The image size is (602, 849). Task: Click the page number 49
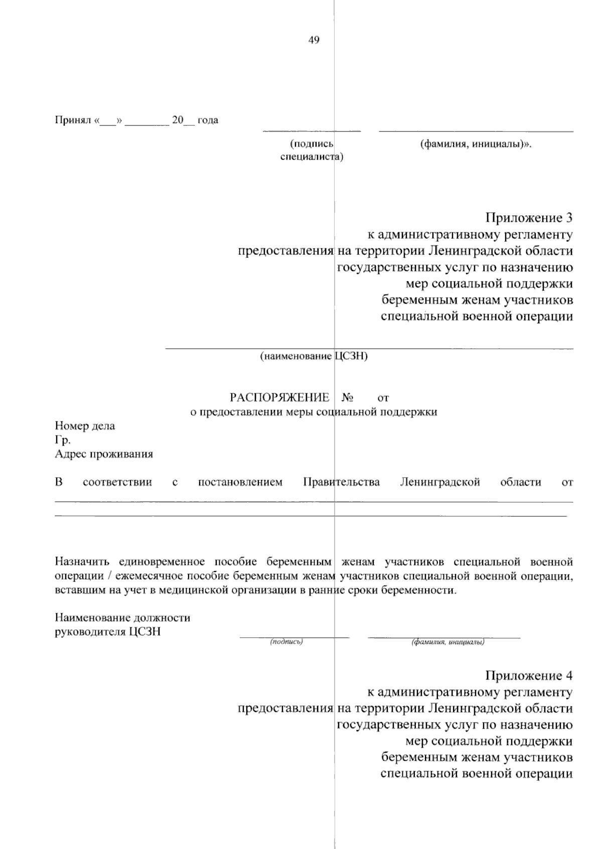point(314,41)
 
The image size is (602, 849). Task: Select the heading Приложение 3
point(528,218)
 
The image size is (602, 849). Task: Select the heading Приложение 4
point(528,675)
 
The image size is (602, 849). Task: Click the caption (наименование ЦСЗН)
point(314,356)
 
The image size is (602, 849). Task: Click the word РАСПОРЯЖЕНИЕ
point(279,398)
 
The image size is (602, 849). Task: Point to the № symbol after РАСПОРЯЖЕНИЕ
point(347,398)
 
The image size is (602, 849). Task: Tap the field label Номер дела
point(85,426)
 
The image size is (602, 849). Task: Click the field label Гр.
point(62,440)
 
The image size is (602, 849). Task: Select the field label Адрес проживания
point(104,455)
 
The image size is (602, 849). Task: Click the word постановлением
point(240,482)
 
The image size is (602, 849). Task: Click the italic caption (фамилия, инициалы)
point(447,642)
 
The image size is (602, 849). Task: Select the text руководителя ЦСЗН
point(107,632)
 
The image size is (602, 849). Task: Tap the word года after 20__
point(208,120)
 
